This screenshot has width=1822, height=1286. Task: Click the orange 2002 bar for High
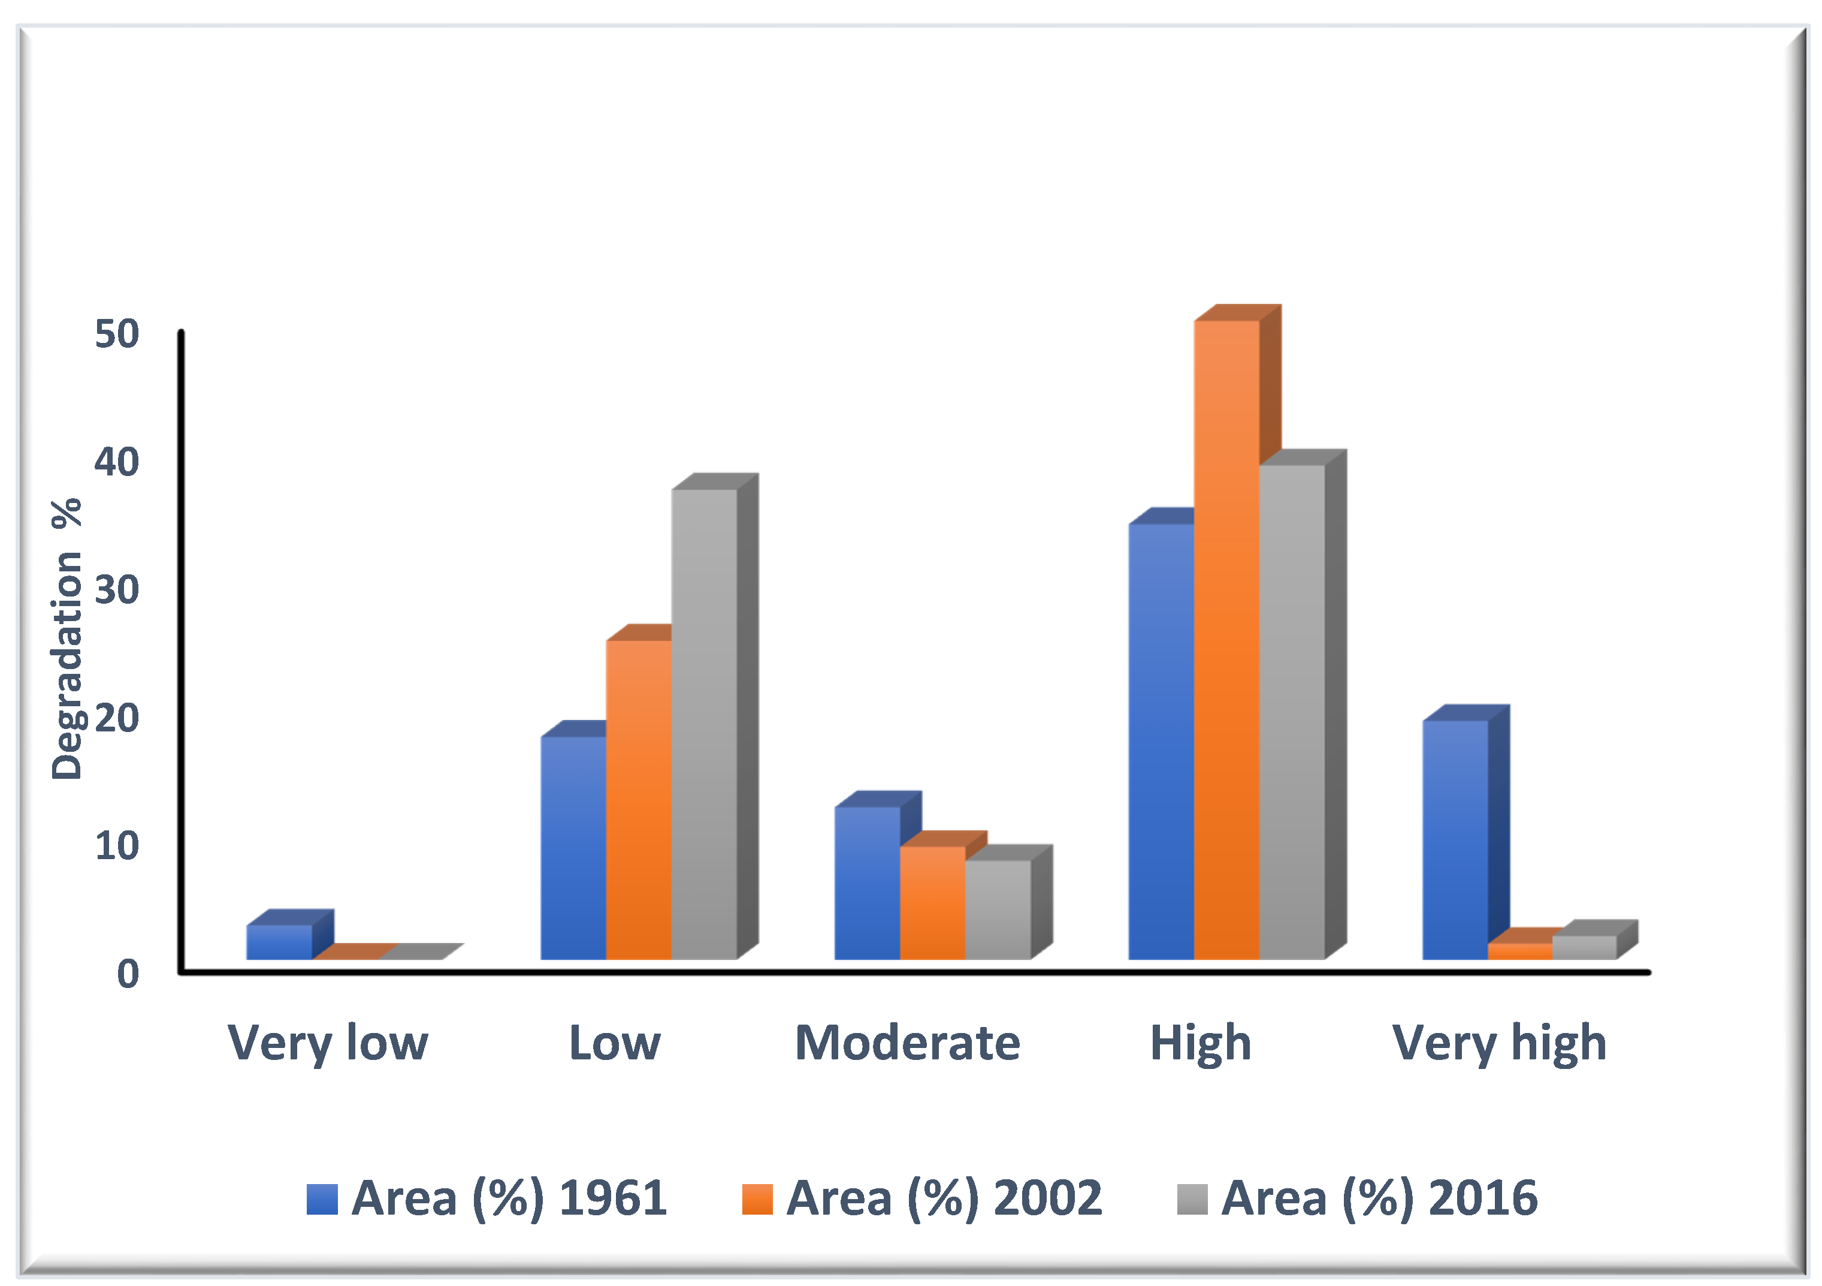[1226, 639]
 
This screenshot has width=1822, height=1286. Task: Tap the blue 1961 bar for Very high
[1455, 839]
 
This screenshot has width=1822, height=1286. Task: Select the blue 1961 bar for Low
[573, 847]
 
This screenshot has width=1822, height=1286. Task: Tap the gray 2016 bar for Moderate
[998, 909]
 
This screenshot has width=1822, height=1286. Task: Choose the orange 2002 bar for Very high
[1519, 951]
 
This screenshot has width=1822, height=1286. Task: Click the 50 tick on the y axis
[117, 334]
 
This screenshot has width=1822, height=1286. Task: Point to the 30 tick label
[117, 590]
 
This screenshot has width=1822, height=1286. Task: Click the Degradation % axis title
[67, 639]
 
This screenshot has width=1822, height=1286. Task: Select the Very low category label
[328, 1043]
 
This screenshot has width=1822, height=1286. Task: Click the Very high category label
[1499, 1043]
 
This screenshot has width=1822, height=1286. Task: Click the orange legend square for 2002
[757, 1198]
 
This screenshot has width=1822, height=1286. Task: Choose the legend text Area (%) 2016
[1379, 1198]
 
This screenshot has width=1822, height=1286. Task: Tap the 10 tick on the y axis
[117, 846]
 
